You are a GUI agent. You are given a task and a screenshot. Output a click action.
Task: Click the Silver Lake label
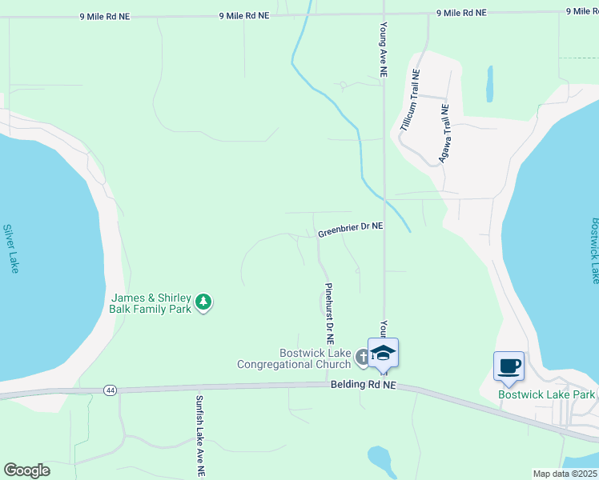pos(10,249)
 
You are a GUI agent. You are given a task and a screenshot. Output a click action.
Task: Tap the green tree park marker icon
pos(204,302)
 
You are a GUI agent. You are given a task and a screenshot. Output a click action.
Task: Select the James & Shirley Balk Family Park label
pos(151,303)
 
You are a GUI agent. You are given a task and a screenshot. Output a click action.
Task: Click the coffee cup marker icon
pos(509,367)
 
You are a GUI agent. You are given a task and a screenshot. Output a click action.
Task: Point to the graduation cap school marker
pos(383,354)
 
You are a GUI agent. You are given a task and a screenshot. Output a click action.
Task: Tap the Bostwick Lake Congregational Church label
pos(294,358)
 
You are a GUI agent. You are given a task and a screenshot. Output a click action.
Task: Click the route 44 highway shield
pos(110,390)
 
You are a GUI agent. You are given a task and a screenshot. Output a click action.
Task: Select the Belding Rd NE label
pos(364,385)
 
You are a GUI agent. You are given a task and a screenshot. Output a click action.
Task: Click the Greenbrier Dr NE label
pos(350,230)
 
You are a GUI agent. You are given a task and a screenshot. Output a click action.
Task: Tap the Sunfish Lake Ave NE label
pos(199,436)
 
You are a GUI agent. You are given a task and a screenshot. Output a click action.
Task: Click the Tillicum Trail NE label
pos(408,101)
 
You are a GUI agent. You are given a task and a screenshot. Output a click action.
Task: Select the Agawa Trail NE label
pos(441,133)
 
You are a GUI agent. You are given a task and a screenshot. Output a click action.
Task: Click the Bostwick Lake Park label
pos(546,394)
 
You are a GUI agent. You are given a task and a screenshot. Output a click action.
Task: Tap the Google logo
pos(27,470)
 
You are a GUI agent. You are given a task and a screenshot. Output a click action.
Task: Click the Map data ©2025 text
pos(565,474)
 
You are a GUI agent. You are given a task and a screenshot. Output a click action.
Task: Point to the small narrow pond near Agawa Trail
pos(489,83)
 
